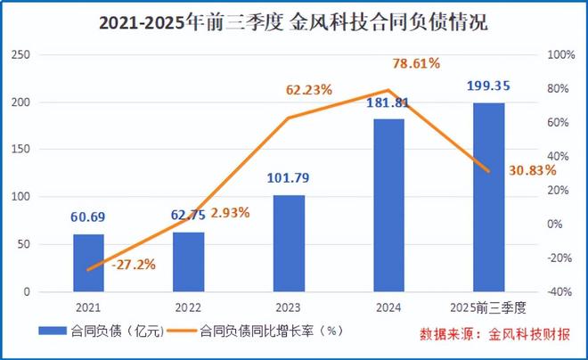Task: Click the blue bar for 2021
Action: (x=88, y=263)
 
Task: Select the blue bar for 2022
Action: (x=188, y=262)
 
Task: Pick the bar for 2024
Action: (x=388, y=206)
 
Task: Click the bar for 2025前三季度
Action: (x=488, y=198)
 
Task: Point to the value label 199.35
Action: (x=489, y=86)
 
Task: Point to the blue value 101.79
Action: (x=289, y=178)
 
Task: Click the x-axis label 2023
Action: (x=289, y=307)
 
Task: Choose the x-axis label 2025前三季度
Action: (x=488, y=307)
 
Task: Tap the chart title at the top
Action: (x=293, y=22)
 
